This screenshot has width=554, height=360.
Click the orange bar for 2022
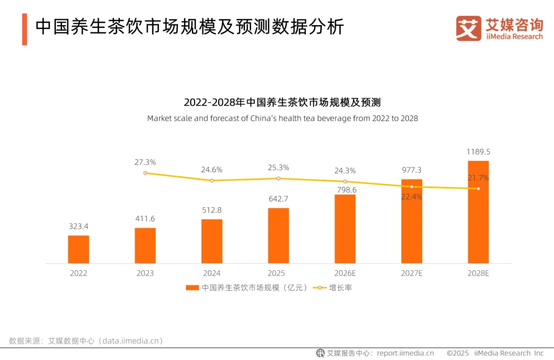point(78,249)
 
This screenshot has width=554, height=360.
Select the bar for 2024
point(212,242)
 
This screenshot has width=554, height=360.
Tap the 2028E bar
point(479,212)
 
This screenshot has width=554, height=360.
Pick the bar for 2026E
point(345,229)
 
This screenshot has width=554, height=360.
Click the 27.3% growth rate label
point(145,162)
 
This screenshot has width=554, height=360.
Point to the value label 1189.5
point(479,152)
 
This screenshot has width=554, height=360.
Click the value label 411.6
point(145,218)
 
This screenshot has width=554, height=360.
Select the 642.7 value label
point(279,199)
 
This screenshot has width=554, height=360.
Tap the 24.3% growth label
point(345,171)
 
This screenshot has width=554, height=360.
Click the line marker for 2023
point(145,173)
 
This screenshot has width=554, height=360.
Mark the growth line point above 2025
point(279,178)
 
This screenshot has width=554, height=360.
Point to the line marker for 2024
point(212,181)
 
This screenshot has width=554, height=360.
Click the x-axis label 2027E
point(411,273)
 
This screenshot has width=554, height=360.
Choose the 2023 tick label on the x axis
point(145,273)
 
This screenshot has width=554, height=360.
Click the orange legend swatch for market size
point(192,288)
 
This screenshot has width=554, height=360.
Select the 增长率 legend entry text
point(340,288)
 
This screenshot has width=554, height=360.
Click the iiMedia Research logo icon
point(468,28)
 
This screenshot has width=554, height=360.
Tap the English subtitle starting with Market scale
point(283,118)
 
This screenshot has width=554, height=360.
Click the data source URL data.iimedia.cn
point(130,341)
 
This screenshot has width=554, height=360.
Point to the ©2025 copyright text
point(458,353)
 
